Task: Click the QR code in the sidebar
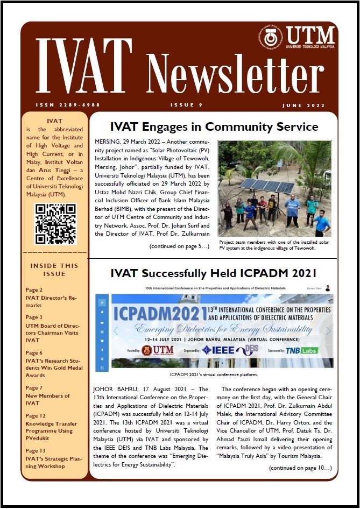(x=55, y=224)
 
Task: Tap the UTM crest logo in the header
(x=270, y=37)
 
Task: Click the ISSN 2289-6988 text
(x=68, y=105)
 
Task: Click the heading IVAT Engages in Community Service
(x=214, y=127)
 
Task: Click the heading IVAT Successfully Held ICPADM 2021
(x=213, y=273)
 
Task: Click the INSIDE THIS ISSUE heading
(x=54, y=270)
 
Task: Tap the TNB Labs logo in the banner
(x=302, y=350)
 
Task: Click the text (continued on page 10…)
(x=300, y=469)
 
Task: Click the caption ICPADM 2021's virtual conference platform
(x=214, y=374)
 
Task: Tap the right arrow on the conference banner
(x=328, y=331)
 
